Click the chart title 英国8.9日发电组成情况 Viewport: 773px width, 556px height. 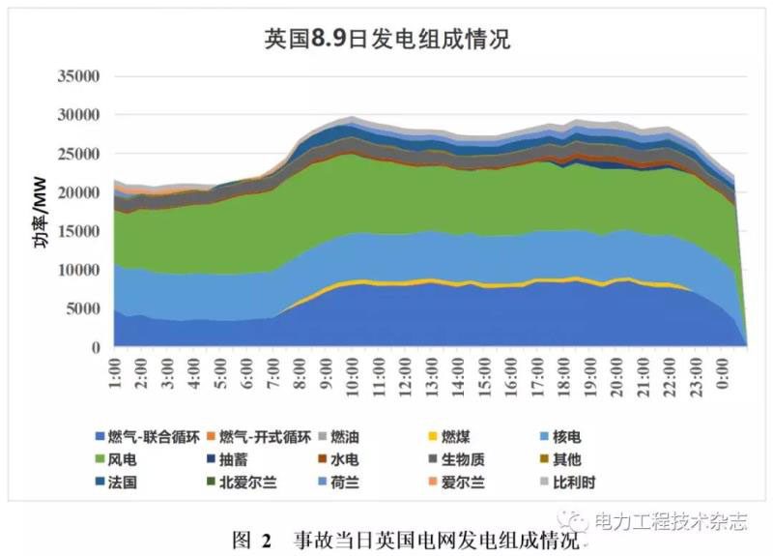click(386, 40)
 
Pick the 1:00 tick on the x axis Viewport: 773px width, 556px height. click(116, 372)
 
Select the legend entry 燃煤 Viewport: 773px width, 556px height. click(462, 437)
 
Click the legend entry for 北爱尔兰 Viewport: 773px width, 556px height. click(248, 482)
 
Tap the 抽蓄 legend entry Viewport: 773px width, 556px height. click(241, 459)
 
